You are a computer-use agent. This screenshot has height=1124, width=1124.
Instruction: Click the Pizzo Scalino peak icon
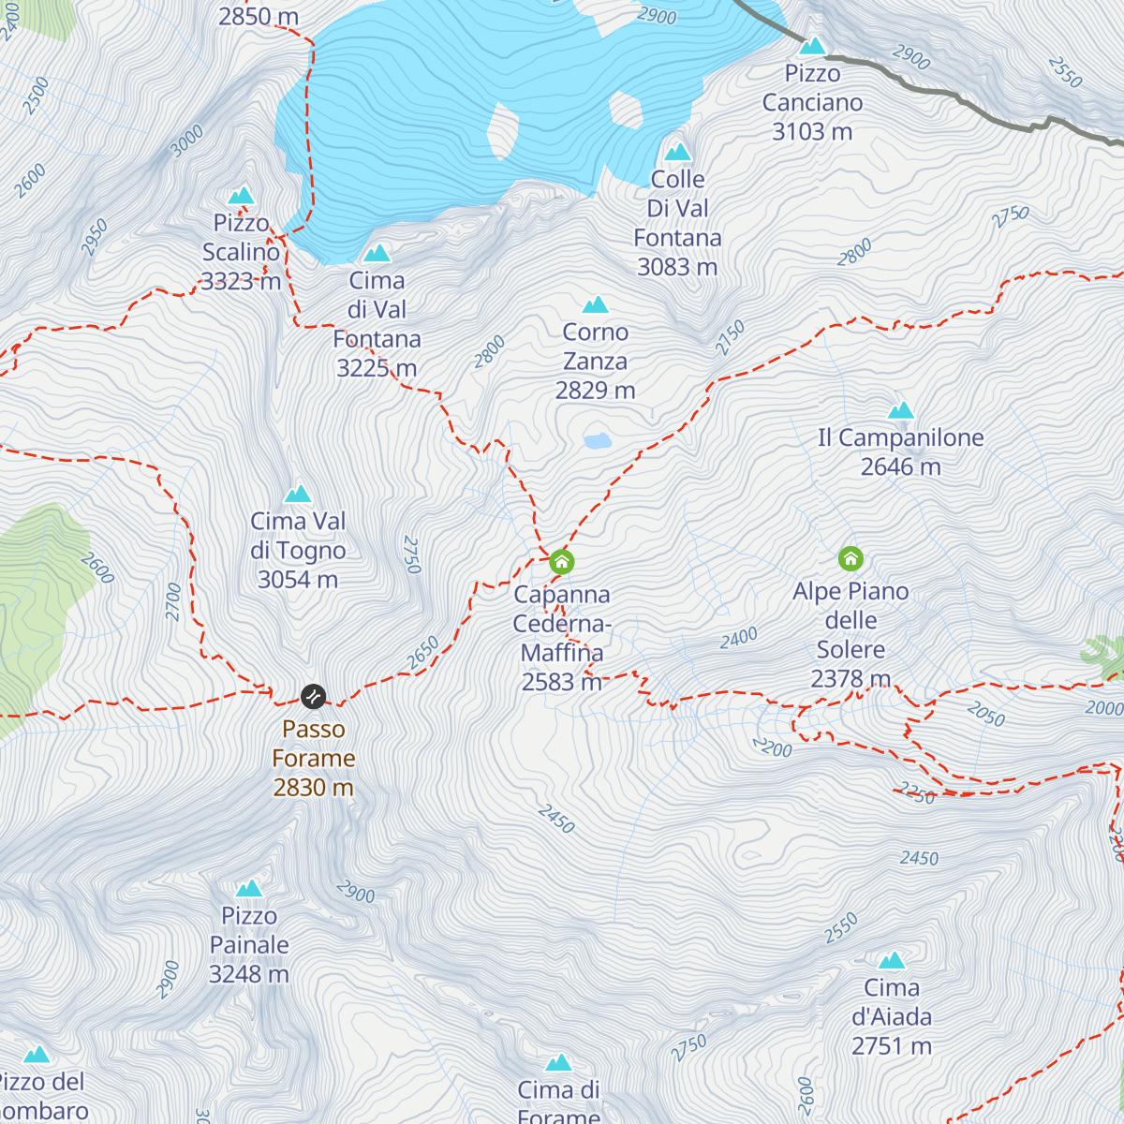pos(242,196)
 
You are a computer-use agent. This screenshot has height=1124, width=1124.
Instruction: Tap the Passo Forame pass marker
pos(313,696)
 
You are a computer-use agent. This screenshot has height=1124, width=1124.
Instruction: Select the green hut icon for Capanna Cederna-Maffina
pos(561,562)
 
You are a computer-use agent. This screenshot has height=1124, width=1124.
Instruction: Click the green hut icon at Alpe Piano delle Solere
pos(850,559)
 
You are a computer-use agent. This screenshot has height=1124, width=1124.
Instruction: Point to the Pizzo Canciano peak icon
pos(812,46)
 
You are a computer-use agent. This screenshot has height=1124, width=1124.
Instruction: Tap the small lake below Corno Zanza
pos(597,440)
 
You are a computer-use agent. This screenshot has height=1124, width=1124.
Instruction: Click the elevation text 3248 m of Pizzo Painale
pos(248,974)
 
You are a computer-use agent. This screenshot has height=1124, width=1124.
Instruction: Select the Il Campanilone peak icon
pos(900,410)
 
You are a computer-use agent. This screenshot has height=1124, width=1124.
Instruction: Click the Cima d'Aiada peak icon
pos(892,960)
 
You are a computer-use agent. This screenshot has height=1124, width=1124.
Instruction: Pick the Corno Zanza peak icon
pos(596,305)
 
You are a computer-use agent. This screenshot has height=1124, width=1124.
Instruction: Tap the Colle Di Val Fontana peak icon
pos(677,152)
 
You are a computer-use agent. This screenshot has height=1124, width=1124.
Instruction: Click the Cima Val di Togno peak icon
pos(298,494)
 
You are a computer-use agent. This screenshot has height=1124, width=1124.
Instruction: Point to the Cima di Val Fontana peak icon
pos(377,253)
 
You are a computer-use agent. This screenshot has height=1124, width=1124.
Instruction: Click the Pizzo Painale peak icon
pos(249,888)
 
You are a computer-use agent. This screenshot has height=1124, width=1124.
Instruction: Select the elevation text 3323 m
pos(241,281)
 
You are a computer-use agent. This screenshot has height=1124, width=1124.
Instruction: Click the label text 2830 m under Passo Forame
pos(313,787)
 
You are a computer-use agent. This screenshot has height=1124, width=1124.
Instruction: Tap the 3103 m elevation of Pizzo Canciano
pos(812,132)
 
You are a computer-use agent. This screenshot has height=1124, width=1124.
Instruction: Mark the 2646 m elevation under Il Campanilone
pos(900,466)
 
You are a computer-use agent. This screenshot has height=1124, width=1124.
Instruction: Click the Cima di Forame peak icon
pos(559,1062)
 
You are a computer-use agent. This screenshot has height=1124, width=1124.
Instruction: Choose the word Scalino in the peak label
pos(241,252)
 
